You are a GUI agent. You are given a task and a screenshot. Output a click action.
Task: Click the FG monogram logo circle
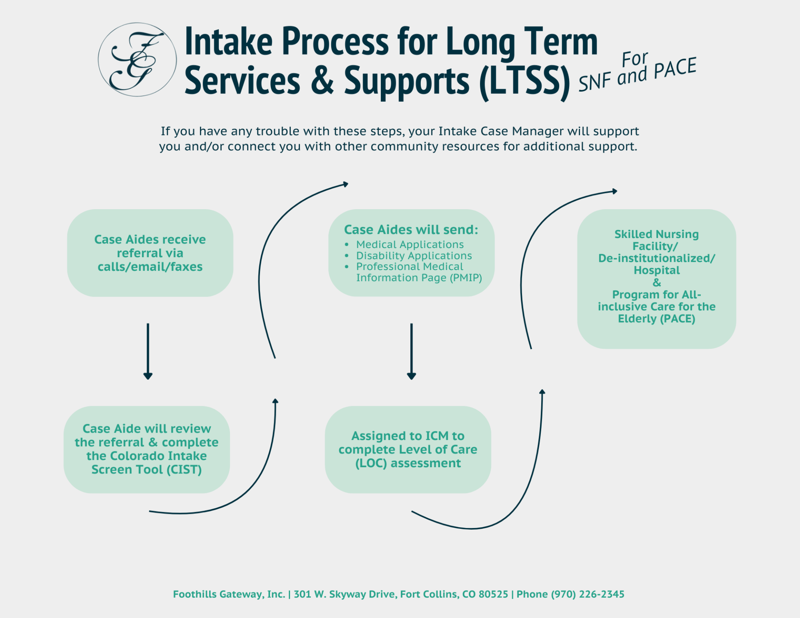137,60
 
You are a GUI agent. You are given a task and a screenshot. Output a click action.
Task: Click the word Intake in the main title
228,42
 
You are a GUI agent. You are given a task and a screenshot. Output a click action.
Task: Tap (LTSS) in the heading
524,81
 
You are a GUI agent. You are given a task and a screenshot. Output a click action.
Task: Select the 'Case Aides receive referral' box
150,253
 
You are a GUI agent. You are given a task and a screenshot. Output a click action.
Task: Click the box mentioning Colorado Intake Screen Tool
147,449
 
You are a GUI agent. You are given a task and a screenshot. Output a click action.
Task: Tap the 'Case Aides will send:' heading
411,230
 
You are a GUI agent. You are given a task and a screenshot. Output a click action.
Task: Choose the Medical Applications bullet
410,245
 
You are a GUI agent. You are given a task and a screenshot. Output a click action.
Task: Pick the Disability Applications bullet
414,255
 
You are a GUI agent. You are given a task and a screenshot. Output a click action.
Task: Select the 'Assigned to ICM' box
407,449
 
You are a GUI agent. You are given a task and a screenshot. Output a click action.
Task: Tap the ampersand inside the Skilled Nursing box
657,283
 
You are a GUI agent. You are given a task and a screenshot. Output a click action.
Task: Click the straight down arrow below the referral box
148,351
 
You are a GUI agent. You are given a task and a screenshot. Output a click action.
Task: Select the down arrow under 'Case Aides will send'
411,351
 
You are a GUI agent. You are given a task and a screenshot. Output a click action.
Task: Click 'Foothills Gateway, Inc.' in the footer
229,594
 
